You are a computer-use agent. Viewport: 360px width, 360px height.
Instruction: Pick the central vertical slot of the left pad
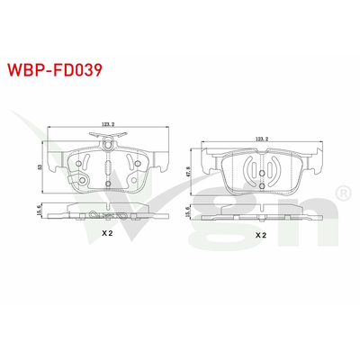(108, 168)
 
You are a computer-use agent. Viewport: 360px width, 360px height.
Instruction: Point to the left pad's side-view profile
(108, 212)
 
